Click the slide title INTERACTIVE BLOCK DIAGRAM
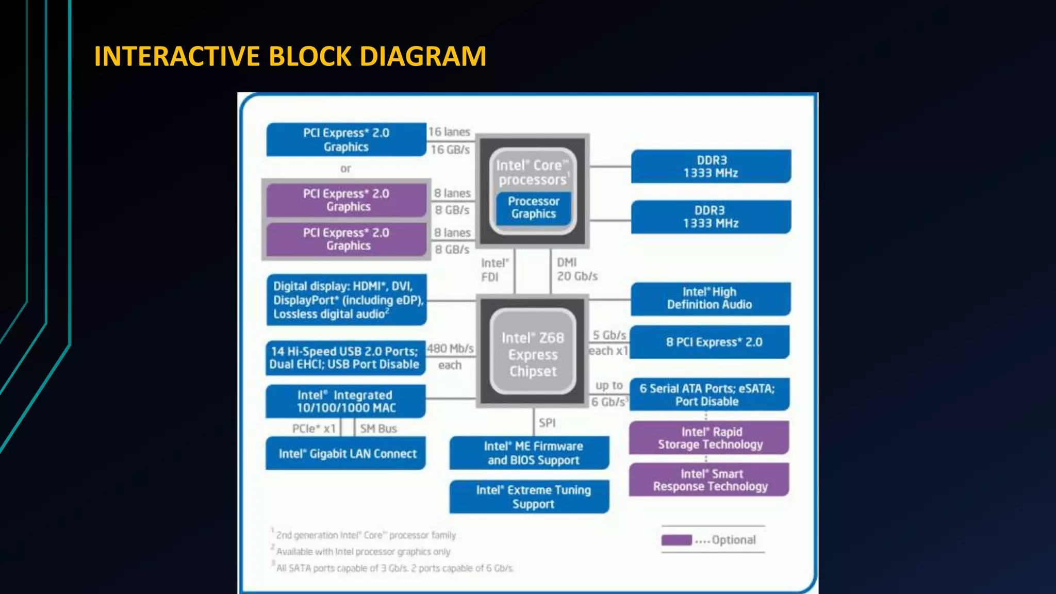pyautogui.click(x=290, y=56)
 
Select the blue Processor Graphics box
pyautogui.click(x=534, y=208)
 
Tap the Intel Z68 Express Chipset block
pyautogui.click(x=533, y=354)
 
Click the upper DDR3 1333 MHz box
pyautogui.click(x=711, y=167)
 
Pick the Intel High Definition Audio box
pyautogui.click(x=710, y=299)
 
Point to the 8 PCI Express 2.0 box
pyautogui.click(x=710, y=342)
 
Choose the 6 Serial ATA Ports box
pyautogui.click(x=708, y=395)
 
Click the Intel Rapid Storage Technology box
pyautogui.click(x=709, y=438)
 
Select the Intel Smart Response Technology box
pyautogui.click(x=709, y=480)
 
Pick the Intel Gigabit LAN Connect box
pyautogui.click(x=346, y=453)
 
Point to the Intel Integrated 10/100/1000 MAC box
pyautogui.click(x=346, y=401)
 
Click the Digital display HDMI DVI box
pyautogui.click(x=346, y=300)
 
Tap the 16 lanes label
pyautogui.click(x=450, y=132)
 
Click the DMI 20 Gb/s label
pyautogui.click(x=576, y=269)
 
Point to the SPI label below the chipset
pyautogui.click(x=547, y=423)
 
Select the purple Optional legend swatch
pyautogui.click(x=676, y=540)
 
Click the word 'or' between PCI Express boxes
pyautogui.click(x=345, y=169)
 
